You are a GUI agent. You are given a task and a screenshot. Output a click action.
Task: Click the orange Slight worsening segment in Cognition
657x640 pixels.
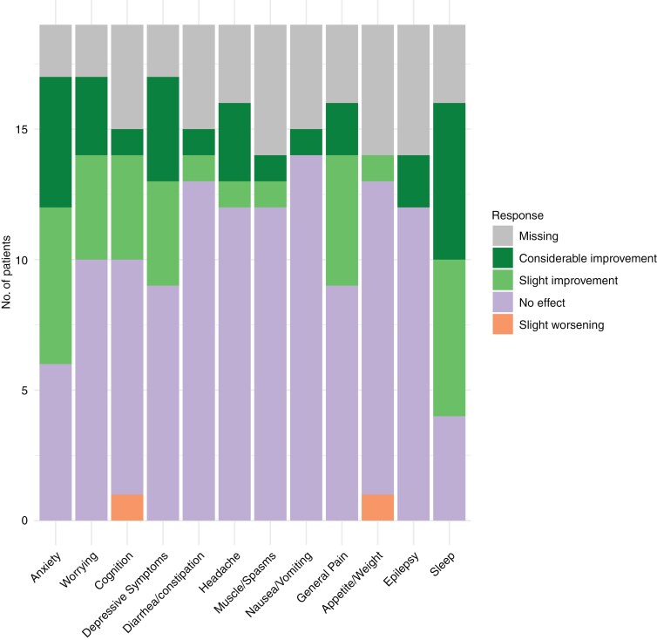pyautogui.click(x=127, y=507)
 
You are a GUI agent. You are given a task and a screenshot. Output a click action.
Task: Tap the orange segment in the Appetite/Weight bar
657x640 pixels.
pyautogui.click(x=377, y=507)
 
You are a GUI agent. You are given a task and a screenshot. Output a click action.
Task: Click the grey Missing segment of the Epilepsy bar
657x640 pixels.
pyautogui.click(x=413, y=90)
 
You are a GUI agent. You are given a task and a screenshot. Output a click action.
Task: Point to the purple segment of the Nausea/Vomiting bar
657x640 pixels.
pyautogui.click(x=306, y=337)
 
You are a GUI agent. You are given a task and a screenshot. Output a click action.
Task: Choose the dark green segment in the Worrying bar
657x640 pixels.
pyautogui.click(x=91, y=116)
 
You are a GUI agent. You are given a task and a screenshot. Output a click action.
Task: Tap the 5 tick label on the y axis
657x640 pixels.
pyautogui.click(x=28, y=391)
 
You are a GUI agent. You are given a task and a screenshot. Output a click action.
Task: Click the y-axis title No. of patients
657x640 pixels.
pyautogui.click(x=9, y=273)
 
